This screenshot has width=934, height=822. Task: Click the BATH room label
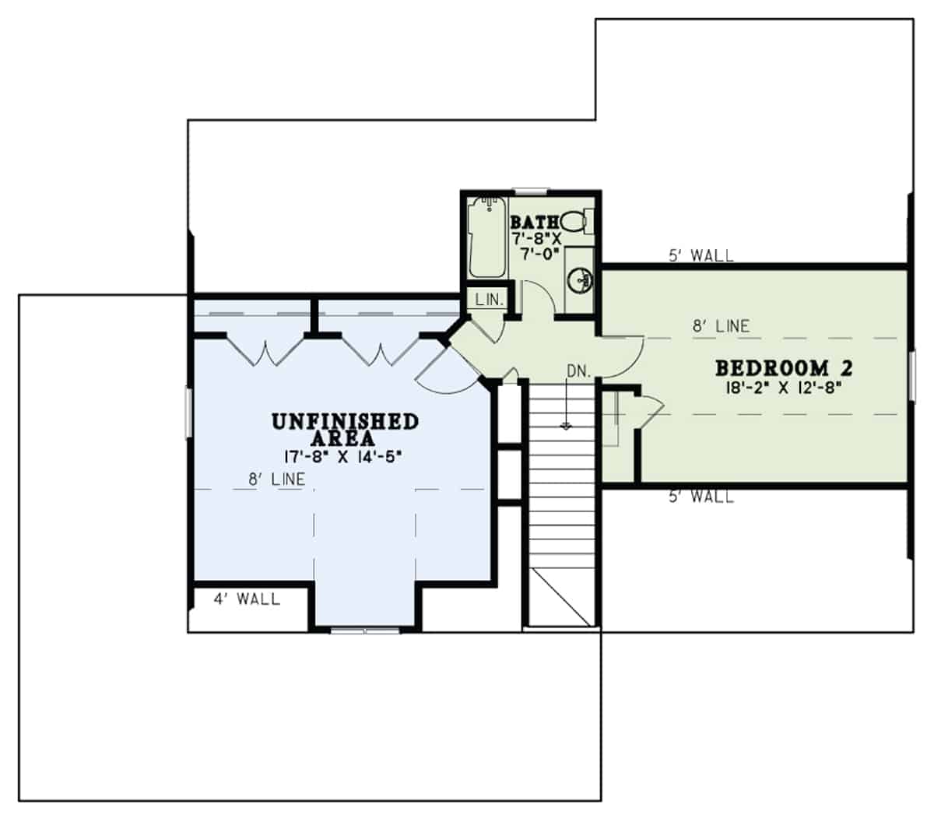[533, 224]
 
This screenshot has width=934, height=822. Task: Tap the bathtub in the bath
[487, 237]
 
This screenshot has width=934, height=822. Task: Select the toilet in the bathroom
[574, 222]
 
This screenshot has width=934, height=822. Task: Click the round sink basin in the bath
[580, 279]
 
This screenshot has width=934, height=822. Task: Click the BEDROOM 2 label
[784, 367]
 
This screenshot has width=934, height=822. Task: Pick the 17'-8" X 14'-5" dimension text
[343, 457]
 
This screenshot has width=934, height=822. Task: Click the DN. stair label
[578, 371]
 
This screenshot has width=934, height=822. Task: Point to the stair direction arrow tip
[567, 427]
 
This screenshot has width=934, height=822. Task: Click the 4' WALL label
[247, 600]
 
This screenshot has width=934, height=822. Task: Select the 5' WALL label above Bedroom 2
[700, 255]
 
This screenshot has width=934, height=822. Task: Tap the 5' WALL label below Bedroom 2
[700, 497]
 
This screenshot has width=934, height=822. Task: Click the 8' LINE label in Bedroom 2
[721, 326]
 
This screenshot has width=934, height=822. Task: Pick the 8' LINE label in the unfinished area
[276, 480]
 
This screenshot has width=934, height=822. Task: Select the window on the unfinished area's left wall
[188, 413]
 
